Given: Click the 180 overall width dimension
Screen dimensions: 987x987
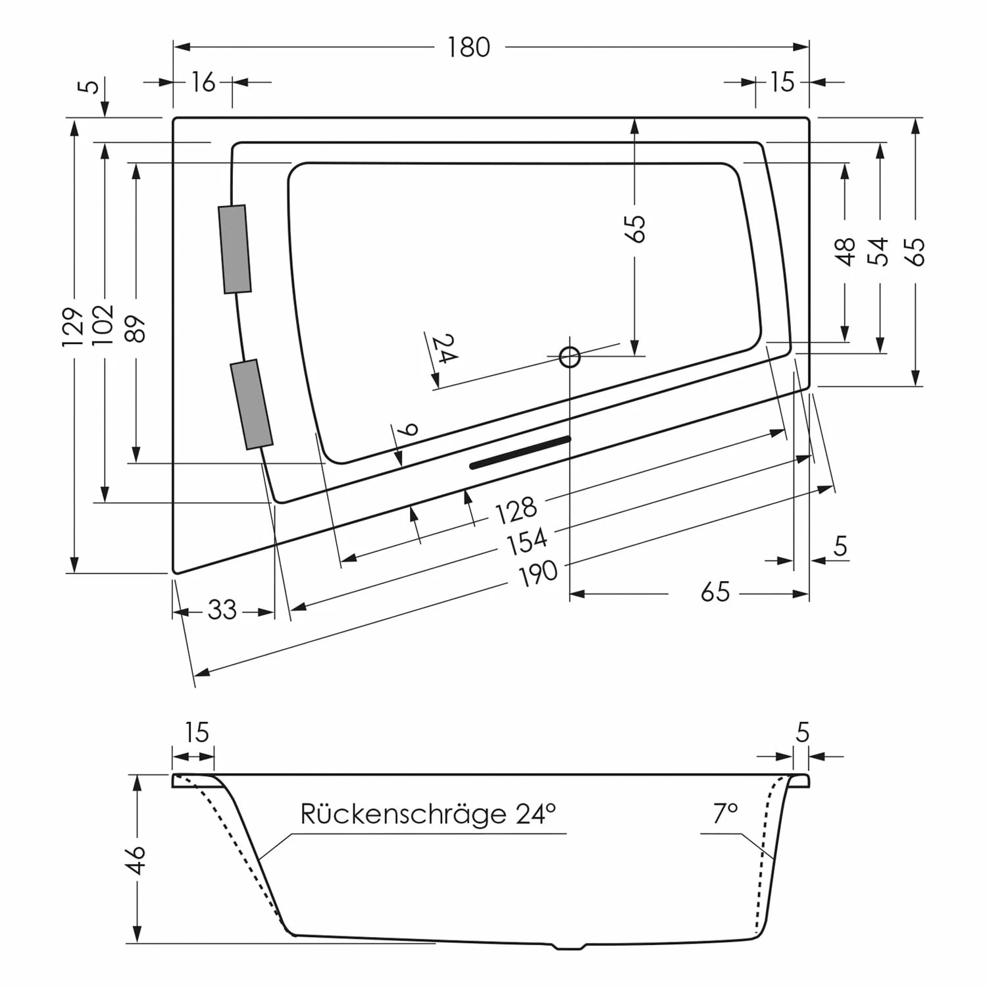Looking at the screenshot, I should click(468, 47).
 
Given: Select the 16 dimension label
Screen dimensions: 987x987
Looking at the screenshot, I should click(203, 82).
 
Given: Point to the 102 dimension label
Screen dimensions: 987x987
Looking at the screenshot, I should click(104, 324).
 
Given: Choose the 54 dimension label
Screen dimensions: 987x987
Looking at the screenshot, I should click(878, 251).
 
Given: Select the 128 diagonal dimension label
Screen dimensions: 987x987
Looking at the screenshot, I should click(516, 510).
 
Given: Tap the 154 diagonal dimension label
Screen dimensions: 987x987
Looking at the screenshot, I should click(526, 541).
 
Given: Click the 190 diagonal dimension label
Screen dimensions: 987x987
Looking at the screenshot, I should click(538, 573).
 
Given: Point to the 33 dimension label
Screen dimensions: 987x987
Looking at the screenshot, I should click(222, 611).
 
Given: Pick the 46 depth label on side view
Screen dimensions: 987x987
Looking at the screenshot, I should click(136, 859).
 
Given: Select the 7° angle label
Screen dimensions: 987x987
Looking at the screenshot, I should click(725, 814).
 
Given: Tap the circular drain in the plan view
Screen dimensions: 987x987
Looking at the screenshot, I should click(570, 357).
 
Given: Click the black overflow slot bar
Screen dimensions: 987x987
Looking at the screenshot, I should click(520, 452).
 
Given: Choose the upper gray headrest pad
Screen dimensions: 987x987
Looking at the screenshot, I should click(235, 249).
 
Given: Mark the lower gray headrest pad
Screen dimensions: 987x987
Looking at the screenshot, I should click(251, 404).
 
